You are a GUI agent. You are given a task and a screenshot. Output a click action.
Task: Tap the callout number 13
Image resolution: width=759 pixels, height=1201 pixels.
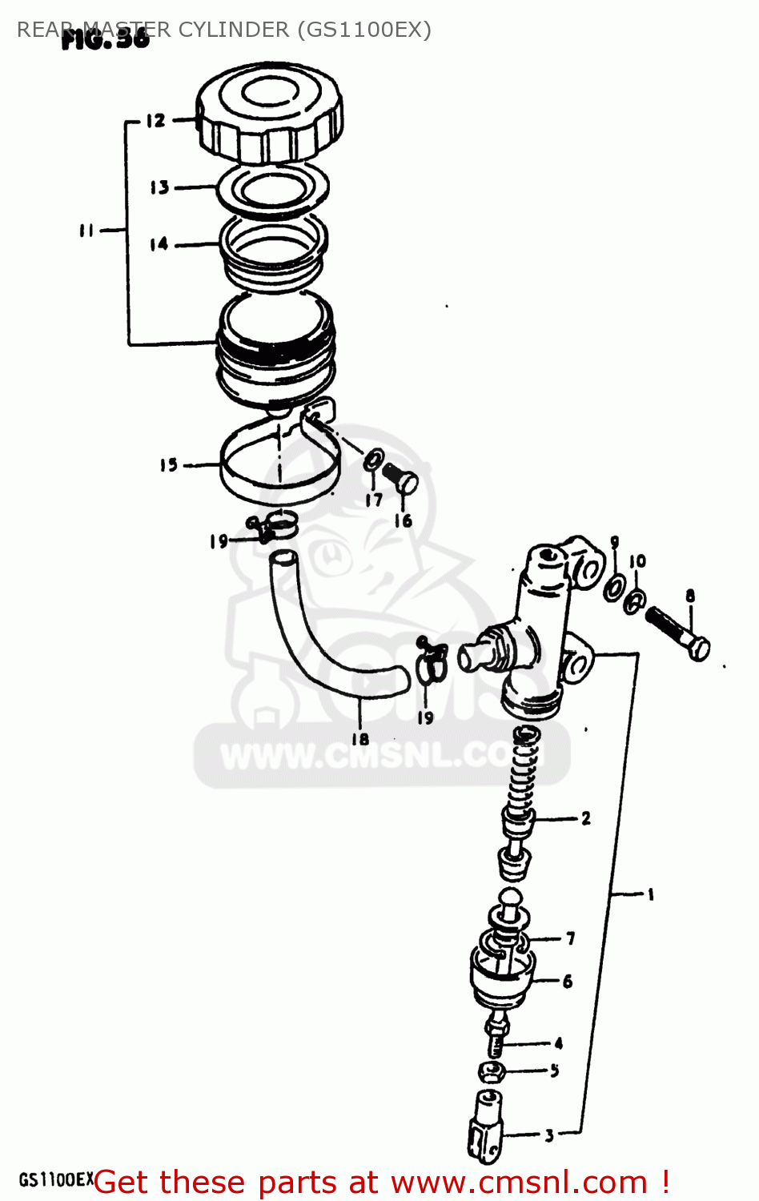tap(159, 187)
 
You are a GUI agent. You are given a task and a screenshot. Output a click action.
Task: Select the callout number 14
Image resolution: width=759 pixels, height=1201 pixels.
tap(159, 243)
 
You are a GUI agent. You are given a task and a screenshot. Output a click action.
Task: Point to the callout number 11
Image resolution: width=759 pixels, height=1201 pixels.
tap(86, 231)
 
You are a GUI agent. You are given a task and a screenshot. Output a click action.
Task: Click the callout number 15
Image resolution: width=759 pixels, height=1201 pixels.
tap(168, 464)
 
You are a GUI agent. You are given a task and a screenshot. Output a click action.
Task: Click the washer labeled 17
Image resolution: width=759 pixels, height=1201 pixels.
tap(373, 463)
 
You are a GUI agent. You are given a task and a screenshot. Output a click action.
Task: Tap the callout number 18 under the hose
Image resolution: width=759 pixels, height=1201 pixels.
tap(360, 738)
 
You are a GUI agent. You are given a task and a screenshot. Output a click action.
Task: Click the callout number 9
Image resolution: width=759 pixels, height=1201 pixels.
tap(615, 542)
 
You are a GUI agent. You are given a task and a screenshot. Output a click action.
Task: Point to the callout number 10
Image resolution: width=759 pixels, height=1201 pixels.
tap(637, 561)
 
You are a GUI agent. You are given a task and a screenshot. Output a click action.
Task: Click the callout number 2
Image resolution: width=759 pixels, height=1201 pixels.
tap(586, 817)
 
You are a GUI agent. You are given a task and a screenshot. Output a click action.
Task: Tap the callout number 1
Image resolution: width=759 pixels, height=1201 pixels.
tap(651, 894)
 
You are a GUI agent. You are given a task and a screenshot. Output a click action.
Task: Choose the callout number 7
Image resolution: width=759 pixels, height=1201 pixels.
tap(570, 938)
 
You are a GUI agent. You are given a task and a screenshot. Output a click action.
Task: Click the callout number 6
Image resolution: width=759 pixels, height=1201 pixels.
tap(567, 981)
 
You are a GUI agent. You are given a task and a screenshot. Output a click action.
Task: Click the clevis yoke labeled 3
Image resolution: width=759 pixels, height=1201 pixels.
tap(488, 1126)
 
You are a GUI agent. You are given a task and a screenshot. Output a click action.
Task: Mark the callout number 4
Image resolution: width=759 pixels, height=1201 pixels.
tap(558, 1042)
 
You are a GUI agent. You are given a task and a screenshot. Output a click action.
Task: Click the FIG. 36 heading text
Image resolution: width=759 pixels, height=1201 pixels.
tap(105, 38)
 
